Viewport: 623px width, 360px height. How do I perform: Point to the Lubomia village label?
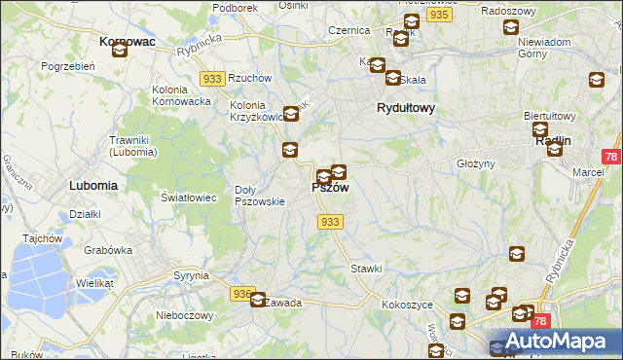pos(93,184)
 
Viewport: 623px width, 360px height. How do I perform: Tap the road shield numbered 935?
pos(438,16)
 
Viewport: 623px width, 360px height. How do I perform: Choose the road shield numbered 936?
pos(242,293)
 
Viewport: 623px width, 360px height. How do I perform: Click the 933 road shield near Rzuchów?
pos(212,77)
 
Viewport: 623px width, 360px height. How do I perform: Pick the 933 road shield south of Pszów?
pos(330,222)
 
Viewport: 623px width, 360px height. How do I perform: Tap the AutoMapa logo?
pos(553,342)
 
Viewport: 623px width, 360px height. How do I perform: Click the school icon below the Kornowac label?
pos(119,50)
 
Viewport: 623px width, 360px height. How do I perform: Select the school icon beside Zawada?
pos(258,301)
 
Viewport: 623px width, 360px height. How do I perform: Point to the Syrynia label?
pos(191,275)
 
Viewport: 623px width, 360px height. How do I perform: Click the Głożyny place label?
pos(476,163)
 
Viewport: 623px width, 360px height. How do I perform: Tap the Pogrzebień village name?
pos(67,66)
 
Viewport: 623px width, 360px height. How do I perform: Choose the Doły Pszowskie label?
pos(260,196)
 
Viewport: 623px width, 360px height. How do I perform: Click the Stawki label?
pos(366,268)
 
